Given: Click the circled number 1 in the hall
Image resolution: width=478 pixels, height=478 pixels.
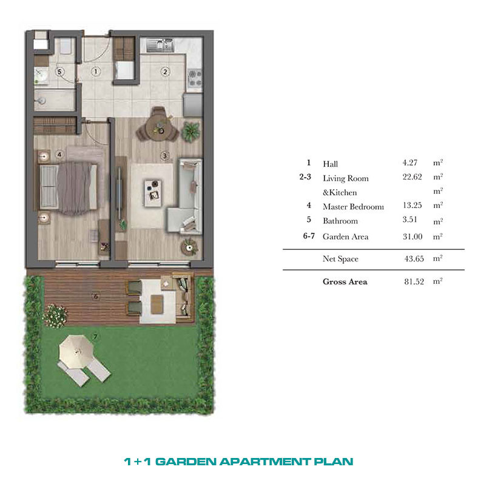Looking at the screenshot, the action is point(96,72).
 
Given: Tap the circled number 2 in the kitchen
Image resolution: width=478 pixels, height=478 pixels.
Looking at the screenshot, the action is point(165,72).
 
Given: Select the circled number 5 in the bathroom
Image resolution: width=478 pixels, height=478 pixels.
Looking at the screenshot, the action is point(59,72).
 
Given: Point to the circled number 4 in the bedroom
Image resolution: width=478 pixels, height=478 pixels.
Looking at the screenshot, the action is point(59,155).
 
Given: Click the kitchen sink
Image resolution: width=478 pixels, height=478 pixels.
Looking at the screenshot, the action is point(160,45).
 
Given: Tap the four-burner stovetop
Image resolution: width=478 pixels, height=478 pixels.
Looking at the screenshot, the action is point(195,78).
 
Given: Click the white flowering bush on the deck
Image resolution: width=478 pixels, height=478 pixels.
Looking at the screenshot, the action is point(55,315).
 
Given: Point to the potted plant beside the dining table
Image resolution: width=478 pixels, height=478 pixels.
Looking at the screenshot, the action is point(191,132).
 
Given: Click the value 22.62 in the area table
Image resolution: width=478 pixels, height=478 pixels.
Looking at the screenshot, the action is point(412,177).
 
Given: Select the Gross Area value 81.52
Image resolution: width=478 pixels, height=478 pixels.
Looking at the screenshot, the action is point(414,281).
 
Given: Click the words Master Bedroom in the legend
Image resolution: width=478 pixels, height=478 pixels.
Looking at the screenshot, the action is point(353,207).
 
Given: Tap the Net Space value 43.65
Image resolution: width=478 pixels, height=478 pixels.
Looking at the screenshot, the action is point(414,258).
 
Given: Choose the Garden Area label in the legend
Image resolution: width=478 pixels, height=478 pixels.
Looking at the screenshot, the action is point(345,237).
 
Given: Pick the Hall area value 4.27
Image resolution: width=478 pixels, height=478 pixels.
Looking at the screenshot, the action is point(409,163).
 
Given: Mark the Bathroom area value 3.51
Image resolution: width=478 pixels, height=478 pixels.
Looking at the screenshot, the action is point(409,220).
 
